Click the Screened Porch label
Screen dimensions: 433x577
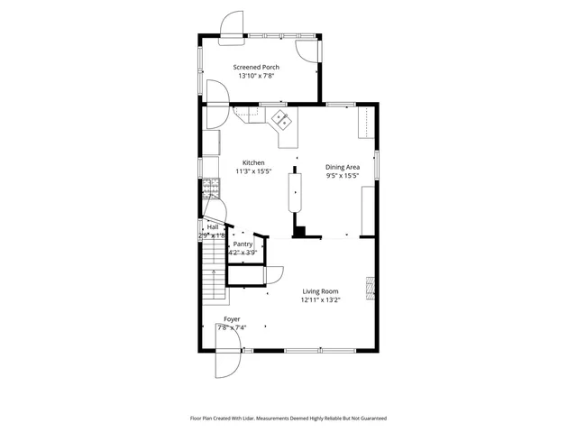[x=256, y=67]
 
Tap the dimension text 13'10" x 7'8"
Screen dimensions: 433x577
[x=256, y=77]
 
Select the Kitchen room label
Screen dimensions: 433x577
[x=252, y=162]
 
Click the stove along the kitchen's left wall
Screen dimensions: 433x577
[x=209, y=188]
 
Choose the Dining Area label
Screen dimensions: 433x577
[x=343, y=167]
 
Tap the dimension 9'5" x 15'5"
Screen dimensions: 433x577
[x=343, y=176]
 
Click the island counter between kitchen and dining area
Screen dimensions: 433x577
[x=295, y=192]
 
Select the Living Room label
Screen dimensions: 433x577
[x=320, y=291]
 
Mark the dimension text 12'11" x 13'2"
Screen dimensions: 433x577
[x=320, y=300]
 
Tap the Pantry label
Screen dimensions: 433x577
[x=243, y=244]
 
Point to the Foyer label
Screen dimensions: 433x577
[x=232, y=319]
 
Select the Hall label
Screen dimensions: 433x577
[x=213, y=227]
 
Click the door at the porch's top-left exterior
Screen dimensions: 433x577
[x=233, y=24]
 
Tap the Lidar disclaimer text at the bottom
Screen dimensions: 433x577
[x=288, y=419]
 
